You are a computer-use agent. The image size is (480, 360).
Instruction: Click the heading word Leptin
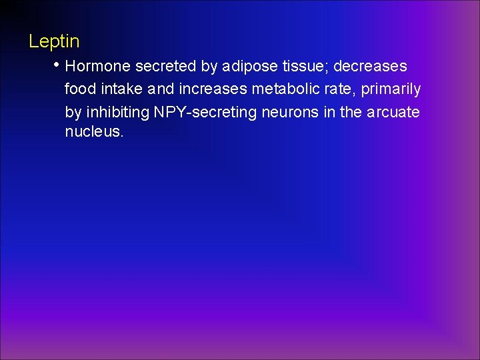pos(54,41)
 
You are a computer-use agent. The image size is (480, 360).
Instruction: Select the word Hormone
pos(98,67)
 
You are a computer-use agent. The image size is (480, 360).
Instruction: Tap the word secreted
pos(163,67)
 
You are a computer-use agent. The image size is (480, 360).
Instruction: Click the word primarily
pos(391,90)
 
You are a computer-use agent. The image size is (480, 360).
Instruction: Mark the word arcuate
pos(393,113)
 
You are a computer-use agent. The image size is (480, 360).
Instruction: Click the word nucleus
pos(94,132)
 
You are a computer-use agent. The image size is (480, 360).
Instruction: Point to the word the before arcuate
pos(351,112)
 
